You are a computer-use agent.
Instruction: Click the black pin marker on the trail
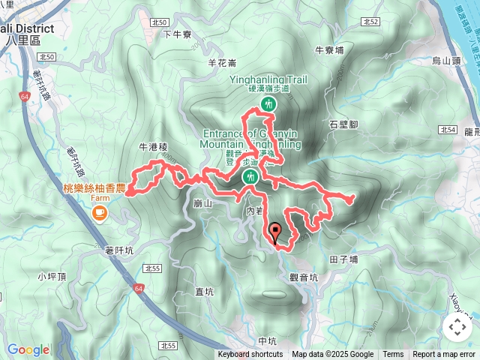pos(275,233)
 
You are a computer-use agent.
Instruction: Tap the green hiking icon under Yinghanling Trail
pos(268,104)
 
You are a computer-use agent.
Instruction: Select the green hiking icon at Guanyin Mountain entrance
pos(250,177)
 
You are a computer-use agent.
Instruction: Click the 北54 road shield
pos(449,130)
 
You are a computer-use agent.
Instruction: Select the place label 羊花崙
pos(222,63)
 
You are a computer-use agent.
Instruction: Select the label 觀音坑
pos(304,277)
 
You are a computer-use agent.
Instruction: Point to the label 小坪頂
pos(52,276)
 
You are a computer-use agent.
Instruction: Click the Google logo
pos(28,349)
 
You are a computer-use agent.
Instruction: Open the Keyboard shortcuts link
pos(250,355)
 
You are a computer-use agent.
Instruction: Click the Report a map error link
pos(444,355)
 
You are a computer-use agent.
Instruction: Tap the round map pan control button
pos(457,326)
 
